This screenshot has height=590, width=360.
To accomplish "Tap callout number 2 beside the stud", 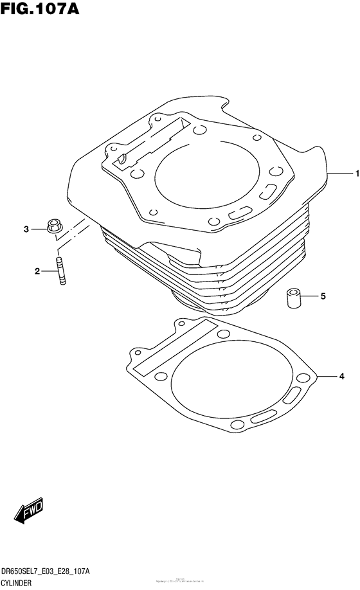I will click(38, 272).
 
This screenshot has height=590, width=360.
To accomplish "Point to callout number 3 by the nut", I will click(26, 229).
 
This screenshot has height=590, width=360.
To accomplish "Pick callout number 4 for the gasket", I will click(343, 375).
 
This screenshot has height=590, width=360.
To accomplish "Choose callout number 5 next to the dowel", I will click(323, 296).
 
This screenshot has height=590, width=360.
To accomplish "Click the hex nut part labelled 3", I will click(54, 226).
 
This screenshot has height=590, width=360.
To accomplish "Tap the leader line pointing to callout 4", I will click(328, 375).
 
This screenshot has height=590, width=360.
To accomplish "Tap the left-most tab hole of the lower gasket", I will click(136, 354).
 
